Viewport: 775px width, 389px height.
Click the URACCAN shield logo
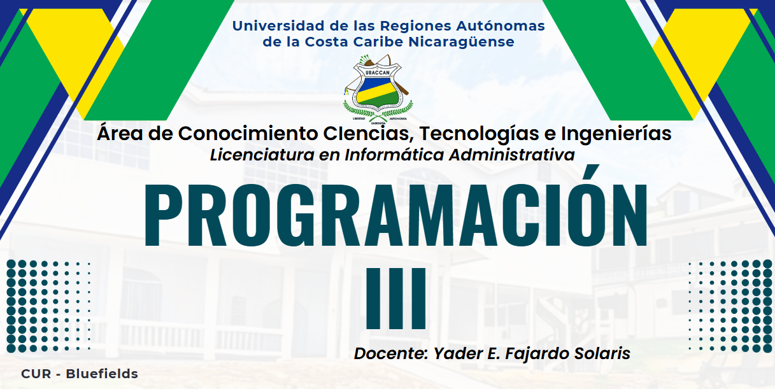378,88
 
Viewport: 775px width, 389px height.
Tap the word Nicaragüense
461,43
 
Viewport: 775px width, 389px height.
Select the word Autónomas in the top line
501,26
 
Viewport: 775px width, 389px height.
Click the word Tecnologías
479,134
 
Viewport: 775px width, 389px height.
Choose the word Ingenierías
616,134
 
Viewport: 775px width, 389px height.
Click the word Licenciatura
262,155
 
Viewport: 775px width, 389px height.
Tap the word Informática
394,155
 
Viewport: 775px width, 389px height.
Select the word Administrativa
512,155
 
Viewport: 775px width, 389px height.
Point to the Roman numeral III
396,298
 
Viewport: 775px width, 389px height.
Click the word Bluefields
102,374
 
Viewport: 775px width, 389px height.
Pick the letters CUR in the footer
36,374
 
